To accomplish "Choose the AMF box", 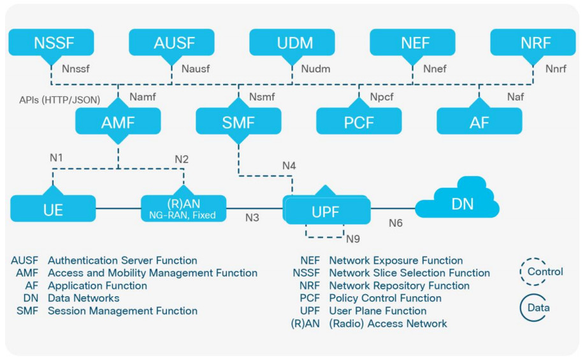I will [x=118, y=122].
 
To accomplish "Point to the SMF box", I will [x=238, y=122].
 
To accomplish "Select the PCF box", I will [x=359, y=122].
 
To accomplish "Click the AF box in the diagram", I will [x=479, y=122].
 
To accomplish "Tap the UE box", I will [x=53, y=208].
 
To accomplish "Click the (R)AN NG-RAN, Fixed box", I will [x=183, y=209].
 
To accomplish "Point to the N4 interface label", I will [x=289, y=166].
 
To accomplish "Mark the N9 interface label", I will [x=353, y=239].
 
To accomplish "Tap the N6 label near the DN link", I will [x=396, y=222].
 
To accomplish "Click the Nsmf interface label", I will [x=262, y=96].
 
